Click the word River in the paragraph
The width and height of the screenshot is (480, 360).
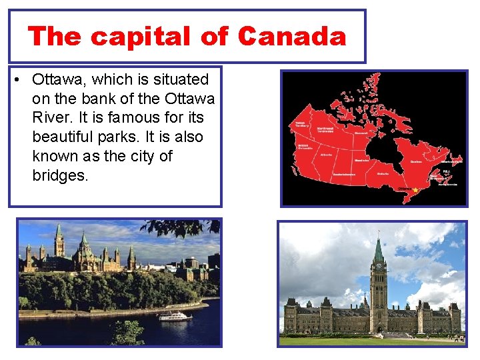[x=51, y=118]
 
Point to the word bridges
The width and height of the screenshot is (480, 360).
[x=60, y=176]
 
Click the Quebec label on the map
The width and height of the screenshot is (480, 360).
[x=416, y=161]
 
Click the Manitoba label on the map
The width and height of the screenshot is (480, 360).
[x=362, y=160]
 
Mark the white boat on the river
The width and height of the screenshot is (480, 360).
[x=175, y=316]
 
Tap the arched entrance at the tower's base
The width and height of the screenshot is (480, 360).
[x=379, y=328]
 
